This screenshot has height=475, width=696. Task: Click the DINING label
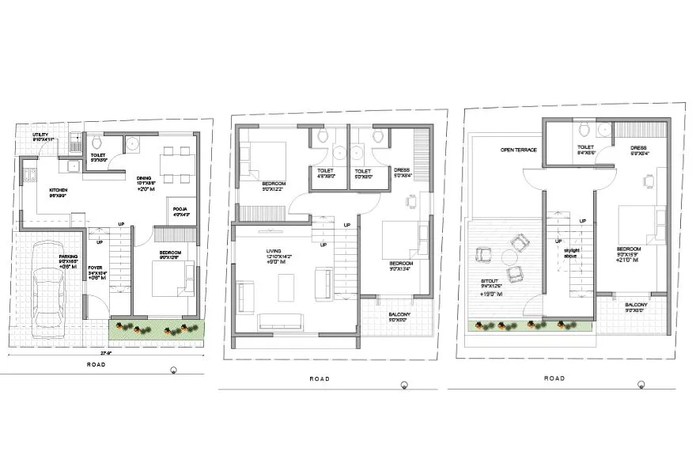pos(143,177)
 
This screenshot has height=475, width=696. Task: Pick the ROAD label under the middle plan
pos(320,378)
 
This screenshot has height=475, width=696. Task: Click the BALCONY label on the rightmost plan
pos(636,305)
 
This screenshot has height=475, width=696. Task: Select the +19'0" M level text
pos(491,293)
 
